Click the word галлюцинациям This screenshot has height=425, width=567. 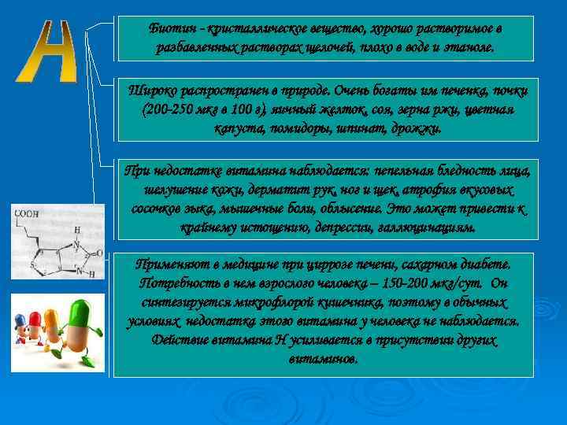(426, 227)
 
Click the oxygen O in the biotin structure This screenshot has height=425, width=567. (102, 253)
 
